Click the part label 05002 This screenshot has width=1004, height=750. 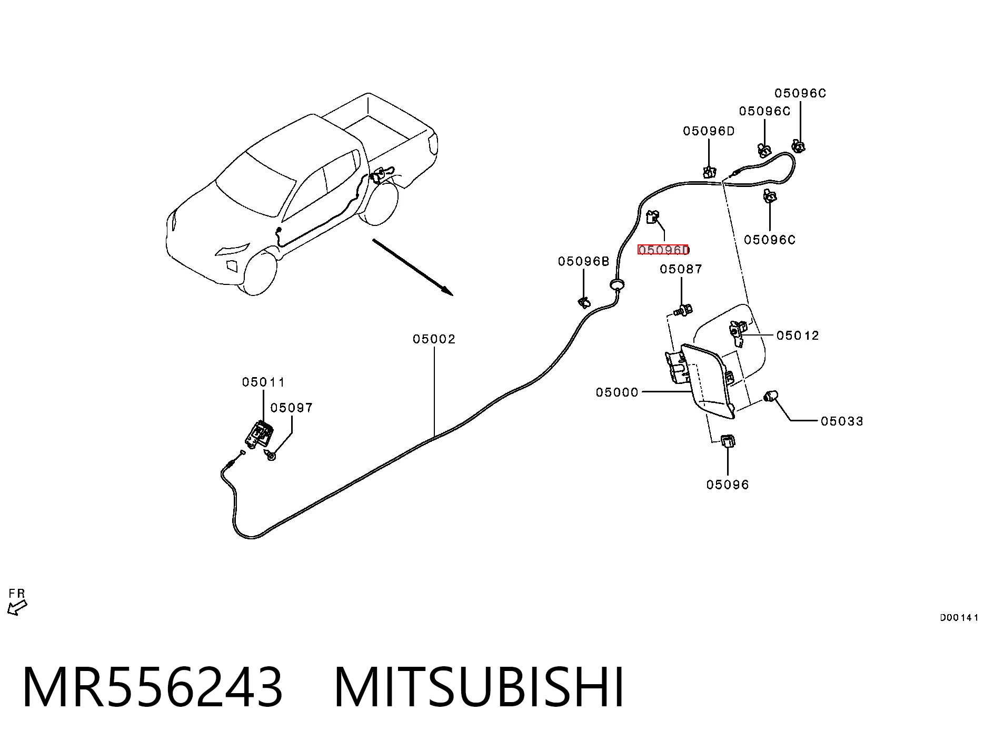click(434, 339)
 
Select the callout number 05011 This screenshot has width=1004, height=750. click(263, 382)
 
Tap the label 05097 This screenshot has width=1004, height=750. click(291, 408)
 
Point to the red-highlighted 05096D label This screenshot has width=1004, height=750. click(663, 250)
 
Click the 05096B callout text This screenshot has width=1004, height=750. click(583, 261)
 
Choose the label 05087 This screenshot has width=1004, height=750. click(681, 269)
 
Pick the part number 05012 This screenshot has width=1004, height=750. click(798, 335)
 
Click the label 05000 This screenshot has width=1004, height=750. click(617, 392)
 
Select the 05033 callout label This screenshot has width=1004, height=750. click(842, 421)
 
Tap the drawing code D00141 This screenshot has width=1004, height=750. click(959, 618)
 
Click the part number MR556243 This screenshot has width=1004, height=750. click(153, 687)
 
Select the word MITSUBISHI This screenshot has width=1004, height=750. click(479, 687)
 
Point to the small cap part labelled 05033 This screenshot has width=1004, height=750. click(771, 396)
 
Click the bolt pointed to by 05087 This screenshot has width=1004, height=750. click(683, 310)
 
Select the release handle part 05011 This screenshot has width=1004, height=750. click(259, 435)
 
